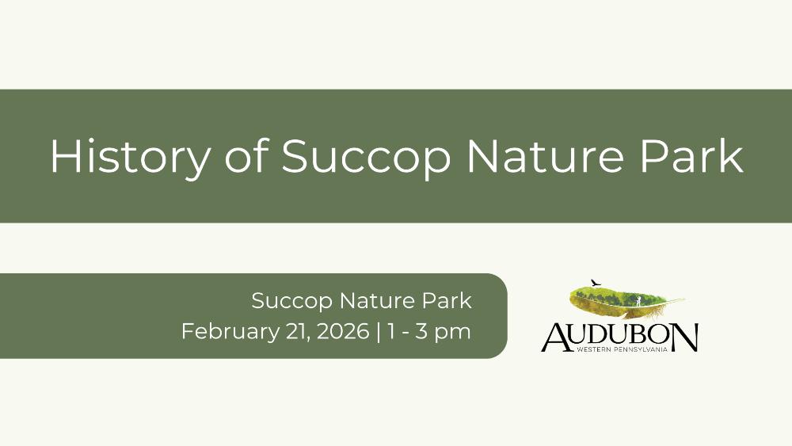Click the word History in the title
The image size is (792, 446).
point(131,157)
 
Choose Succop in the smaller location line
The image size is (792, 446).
point(292,302)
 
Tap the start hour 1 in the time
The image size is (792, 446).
point(391,332)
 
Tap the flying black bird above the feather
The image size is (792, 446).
point(596,282)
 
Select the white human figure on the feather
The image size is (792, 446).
point(638,301)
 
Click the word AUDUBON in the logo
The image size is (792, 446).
point(620,337)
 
